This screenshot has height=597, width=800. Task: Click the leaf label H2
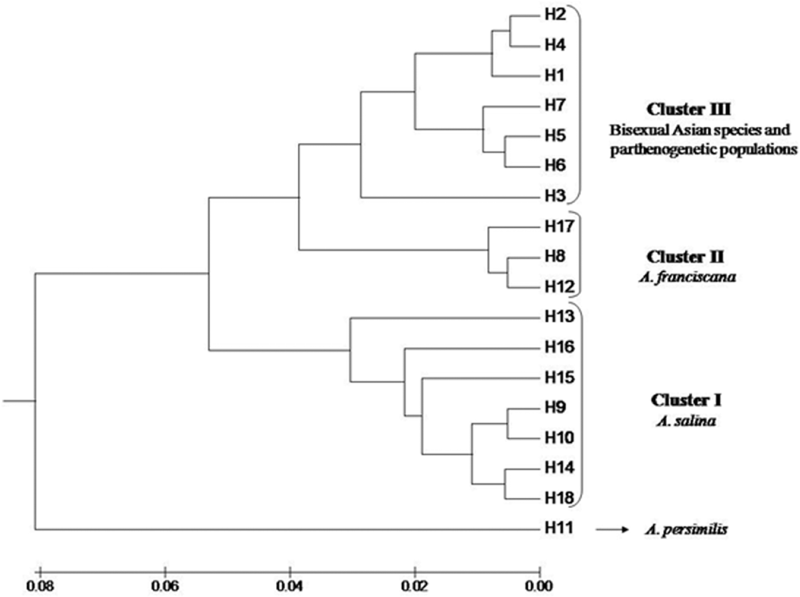(x=555, y=14)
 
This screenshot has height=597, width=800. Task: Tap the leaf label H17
(x=559, y=227)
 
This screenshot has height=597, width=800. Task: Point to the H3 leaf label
(x=555, y=196)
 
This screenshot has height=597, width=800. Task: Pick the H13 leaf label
(x=559, y=316)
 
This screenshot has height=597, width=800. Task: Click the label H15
(x=559, y=378)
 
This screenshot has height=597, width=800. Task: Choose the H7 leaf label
(x=555, y=105)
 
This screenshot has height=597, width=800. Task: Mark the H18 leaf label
(x=559, y=498)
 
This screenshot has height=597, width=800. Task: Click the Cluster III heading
(x=688, y=109)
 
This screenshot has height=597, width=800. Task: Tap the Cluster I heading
(x=686, y=400)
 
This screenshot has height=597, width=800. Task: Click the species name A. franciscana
(x=687, y=278)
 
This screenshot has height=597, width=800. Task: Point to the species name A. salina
(x=686, y=422)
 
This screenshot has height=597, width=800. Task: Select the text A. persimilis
(x=686, y=530)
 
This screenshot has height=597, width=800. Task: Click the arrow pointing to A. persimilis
(x=612, y=530)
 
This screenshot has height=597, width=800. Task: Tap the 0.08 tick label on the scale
(x=39, y=586)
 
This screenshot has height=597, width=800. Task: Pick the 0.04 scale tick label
(x=290, y=586)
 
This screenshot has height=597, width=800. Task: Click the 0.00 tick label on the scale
(x=539, y=586)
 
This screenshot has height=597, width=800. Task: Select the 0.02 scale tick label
(x=414, y=586)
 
